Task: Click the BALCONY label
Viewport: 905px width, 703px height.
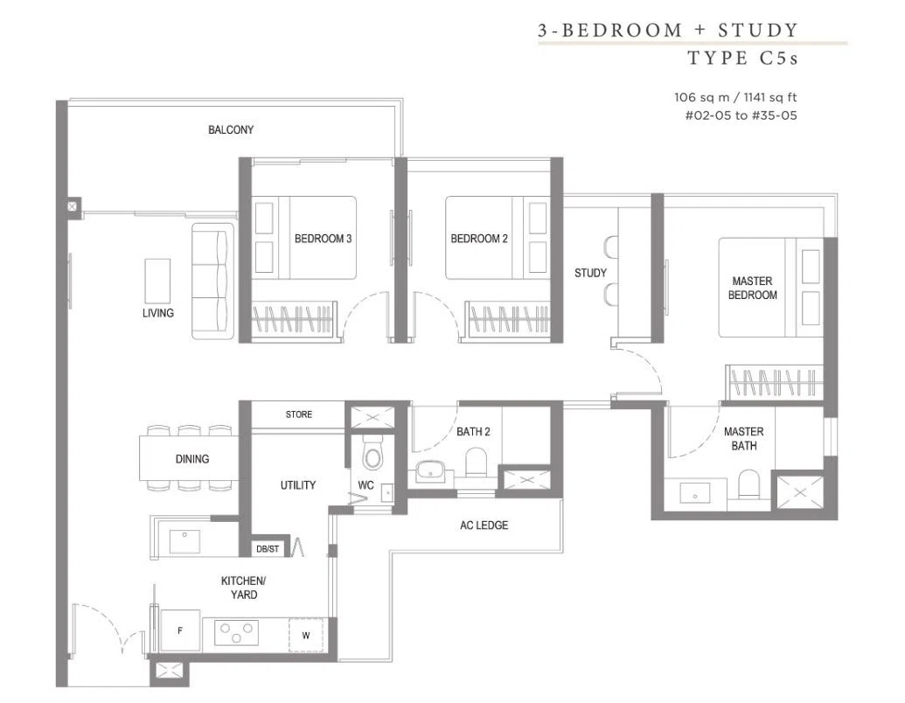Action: (231, 130)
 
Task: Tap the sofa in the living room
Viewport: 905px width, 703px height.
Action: (213, 281)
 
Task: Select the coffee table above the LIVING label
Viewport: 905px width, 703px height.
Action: (157, 281)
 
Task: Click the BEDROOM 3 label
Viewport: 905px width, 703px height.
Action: (323, 239)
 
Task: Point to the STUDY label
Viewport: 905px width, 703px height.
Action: (590, 273)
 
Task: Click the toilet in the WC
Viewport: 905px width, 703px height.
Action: (372, 453)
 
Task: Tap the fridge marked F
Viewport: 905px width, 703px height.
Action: (180, 630)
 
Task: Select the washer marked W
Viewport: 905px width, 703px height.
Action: (306, 636)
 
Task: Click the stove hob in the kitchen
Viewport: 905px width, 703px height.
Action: (236, 632)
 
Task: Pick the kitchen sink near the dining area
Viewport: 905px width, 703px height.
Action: (184, 541)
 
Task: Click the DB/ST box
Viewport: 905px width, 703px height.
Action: (268, 549)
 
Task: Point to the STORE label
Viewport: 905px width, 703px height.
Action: (299, 414)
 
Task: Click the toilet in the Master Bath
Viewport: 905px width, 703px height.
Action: (749, 484)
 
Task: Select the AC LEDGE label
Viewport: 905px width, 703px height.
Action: (484, 526)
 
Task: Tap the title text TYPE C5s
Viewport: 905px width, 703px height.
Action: (743, 58)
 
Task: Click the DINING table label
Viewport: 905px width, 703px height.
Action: (192, 459)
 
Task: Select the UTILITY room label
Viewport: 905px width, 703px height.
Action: (298, 484)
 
